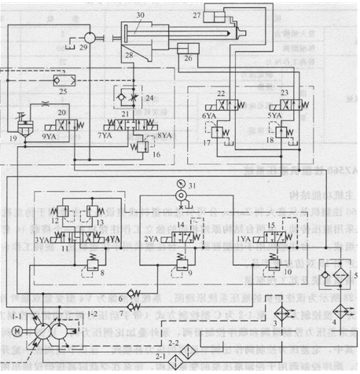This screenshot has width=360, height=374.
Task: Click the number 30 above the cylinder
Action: [140, 16]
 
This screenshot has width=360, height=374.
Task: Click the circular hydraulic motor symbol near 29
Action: [90, 37]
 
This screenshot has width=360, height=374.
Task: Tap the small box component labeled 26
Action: [186, 55]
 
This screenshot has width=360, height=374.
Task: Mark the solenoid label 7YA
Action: [105, 135]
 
